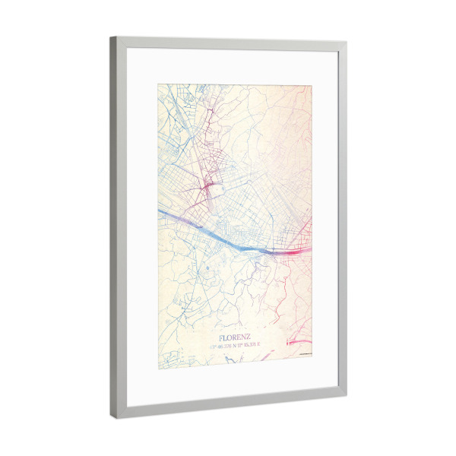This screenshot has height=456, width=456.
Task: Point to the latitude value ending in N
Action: tap(224, 346)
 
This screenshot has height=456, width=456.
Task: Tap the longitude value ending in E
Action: tap(249, 346)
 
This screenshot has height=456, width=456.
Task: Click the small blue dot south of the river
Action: tap(207, 268)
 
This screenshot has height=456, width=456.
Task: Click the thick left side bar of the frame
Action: tap(114, 228)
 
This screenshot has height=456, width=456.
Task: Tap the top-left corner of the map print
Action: tap(158, 84)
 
